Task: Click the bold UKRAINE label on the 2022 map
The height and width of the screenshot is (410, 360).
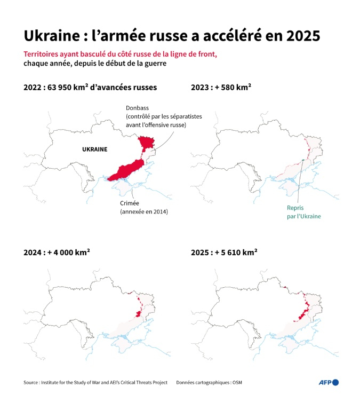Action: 94,149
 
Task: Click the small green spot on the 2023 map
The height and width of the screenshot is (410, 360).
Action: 302,161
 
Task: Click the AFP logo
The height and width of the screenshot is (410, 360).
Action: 329,382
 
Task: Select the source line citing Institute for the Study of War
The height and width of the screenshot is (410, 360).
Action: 95,383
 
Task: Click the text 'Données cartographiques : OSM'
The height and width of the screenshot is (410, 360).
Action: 212,383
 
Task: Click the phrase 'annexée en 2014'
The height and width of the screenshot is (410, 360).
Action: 143,212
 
